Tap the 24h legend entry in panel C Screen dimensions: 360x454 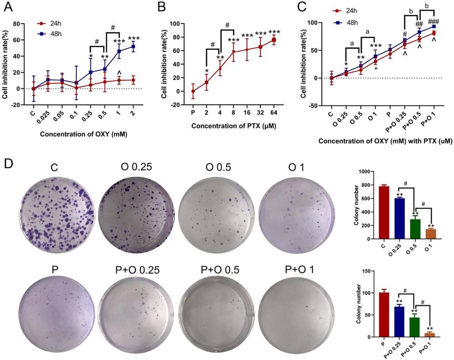coord(361,22)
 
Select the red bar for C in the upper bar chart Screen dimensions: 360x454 coord(384,206)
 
